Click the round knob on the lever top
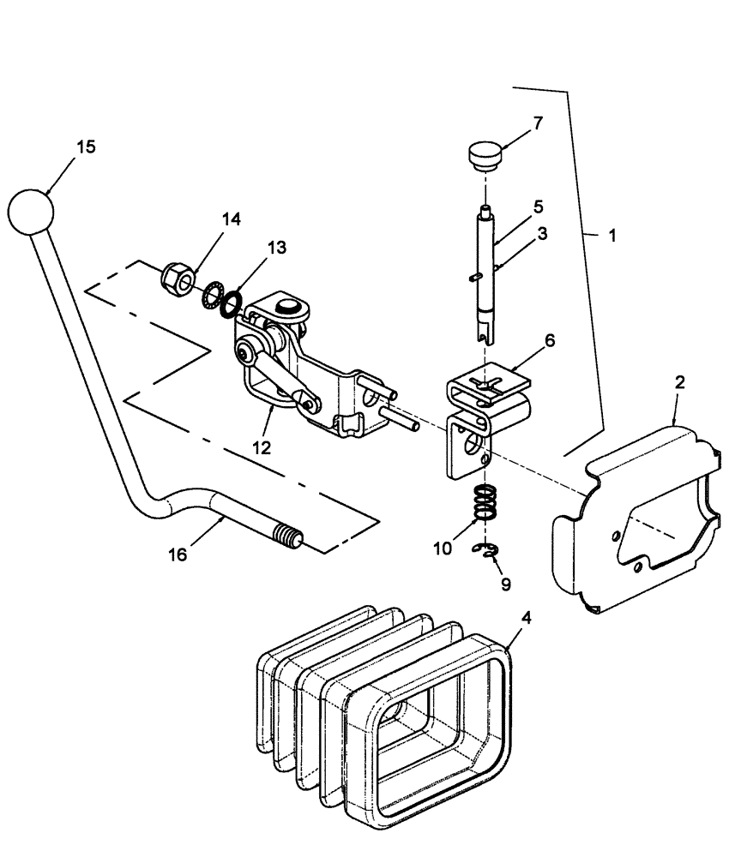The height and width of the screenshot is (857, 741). point(31,208)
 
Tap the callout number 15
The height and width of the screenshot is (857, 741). point(86,147)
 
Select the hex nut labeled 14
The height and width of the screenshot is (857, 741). point(177,279)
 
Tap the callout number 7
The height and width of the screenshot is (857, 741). point(538,123)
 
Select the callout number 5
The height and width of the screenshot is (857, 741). point(538,207)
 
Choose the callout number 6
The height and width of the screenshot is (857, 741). point(548,340)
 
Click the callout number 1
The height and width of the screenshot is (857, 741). point(611,233)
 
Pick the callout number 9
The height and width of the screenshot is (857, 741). point(505,584)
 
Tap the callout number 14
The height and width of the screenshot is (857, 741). point(231,219)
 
